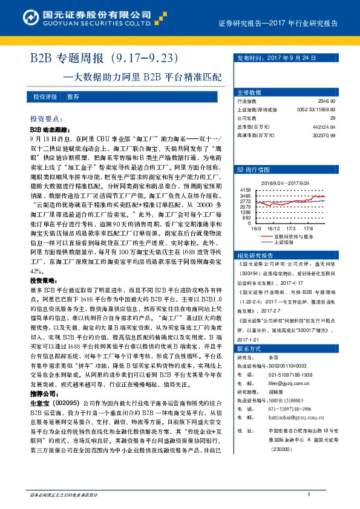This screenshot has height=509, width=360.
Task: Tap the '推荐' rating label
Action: pyautogui.click(x=73, y=97)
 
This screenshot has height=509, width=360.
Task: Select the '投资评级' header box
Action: pyautogui.click(x=45, y=97)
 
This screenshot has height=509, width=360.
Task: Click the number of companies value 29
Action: pyautogui.click(x=332, y=119)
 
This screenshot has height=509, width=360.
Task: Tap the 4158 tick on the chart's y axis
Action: pyautogui.click(x=245, y=190)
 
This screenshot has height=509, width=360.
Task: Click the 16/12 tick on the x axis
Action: pyautogui.click(x=273, y=229)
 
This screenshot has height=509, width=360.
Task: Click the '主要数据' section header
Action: pyautogui.click(x=249, y=92)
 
